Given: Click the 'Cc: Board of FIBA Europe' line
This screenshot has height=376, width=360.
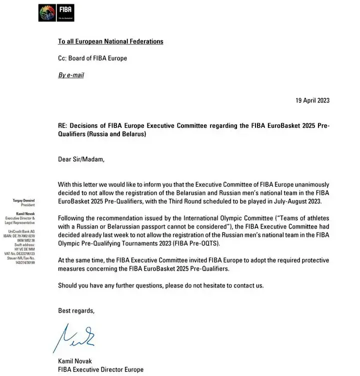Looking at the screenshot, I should [x=92, y=58].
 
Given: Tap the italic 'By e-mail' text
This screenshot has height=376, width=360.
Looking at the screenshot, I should [x=71, y=75].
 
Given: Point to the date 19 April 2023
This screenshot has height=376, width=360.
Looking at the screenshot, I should [x=313, y=100].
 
